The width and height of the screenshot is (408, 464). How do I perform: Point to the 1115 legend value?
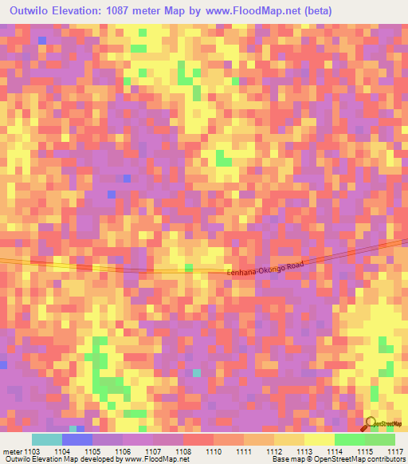click(x=364, y=451)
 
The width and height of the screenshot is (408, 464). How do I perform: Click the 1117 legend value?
click(x=394, y=451)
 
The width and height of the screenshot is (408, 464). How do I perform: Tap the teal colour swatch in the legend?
click(x=47, y=439)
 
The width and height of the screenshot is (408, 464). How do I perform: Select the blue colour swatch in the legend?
click(x=77, y=439)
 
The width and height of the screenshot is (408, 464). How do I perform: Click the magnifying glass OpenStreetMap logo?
click(x=371, y=425)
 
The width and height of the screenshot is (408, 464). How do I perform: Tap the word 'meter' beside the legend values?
click(x=13, y=451)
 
